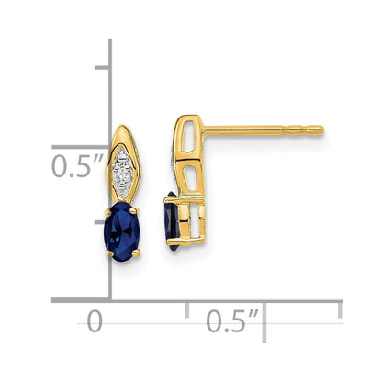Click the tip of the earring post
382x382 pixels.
coord(321,128)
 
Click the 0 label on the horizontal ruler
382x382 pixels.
coord(94,321)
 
